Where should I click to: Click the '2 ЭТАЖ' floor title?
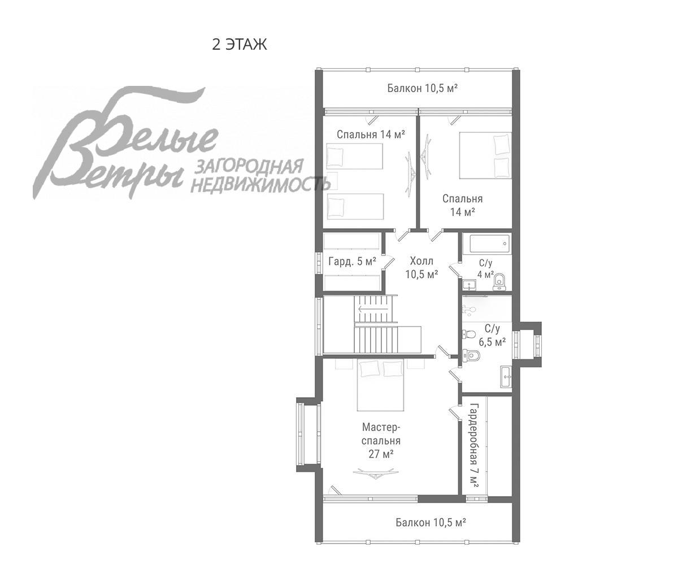coord(240,45)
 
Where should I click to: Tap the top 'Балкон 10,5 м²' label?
coord(423,88)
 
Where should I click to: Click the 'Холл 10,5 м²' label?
coord(421,268)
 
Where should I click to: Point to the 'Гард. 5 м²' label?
coord(353,262)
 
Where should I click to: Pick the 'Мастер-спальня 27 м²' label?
coord(381,441)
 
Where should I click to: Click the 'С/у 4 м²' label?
coord(485,269)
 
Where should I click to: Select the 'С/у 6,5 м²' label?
coord(492,336)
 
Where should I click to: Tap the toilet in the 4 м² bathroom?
coord(499,281)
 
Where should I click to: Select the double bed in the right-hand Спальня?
coord(485,155)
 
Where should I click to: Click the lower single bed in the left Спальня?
coord(355,207)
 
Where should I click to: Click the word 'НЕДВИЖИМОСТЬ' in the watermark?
coord(260,185)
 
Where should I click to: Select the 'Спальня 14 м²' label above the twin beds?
coord(371,134)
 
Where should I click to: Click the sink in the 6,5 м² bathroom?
coord(506,377)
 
